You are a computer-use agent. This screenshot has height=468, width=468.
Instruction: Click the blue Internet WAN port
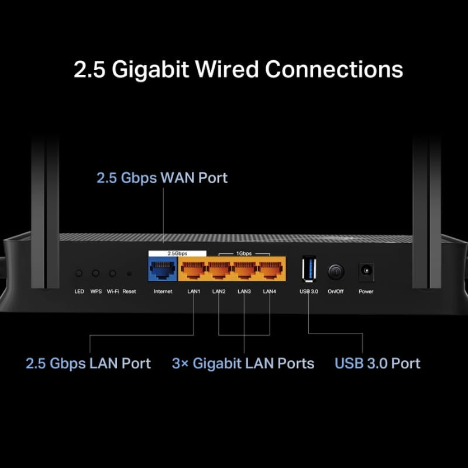(x=163, y=270)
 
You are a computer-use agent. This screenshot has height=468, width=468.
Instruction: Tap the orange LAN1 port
(x=192, y=270)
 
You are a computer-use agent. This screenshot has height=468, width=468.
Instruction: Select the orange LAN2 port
(x=218, y=270)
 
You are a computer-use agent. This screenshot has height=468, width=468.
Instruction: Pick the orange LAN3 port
(x=244, y=270)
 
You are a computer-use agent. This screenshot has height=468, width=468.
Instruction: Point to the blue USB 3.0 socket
(x=308, y=270)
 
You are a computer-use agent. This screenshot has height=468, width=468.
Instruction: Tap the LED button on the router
(x=79, y=273)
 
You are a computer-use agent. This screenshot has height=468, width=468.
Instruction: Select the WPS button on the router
(x=95, y=273)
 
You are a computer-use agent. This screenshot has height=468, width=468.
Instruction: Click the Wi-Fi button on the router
(x=112, y=273)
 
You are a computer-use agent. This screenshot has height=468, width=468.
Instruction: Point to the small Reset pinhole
(x=129, y=273)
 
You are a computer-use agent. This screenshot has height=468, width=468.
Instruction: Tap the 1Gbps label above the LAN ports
(x=244, y=254)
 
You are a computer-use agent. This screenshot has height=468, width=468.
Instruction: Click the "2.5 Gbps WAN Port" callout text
(x=162, y=178)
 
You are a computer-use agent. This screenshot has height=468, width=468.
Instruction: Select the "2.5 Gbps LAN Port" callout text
(x=88, y=363)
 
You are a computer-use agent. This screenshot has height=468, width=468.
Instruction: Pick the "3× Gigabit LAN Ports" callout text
(x=243, y=363)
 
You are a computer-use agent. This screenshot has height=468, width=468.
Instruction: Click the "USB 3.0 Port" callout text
(x=377, y=363)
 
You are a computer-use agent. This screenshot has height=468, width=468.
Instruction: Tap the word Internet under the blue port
(x=163, y=291)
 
